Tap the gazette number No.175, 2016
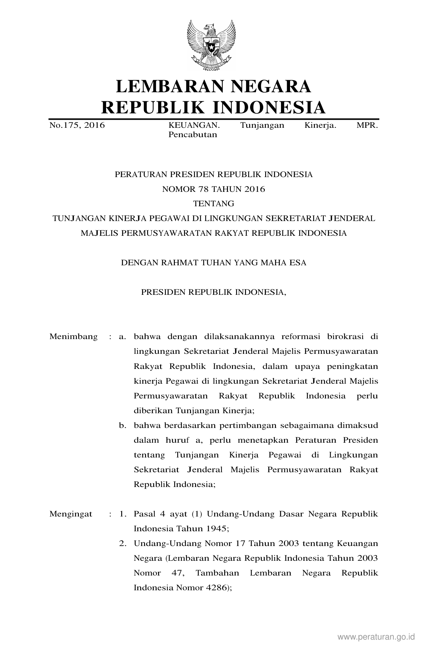click(x=77, y=125)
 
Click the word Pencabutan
click(x=192, y=135)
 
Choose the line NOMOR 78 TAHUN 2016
click(x=213, y=189)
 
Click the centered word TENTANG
click(x=213, y=204)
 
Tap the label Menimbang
click(x=74, y=336)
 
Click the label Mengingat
click(x=71, y=514)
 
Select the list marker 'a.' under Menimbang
click(x=122, y=336)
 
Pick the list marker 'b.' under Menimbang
click(x=122, y=425)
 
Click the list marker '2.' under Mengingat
click(x=123, y=543)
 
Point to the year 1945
click(x=217, y=529)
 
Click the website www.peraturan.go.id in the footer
click(x=376, y=637)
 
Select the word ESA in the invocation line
click(x=298, y=263)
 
